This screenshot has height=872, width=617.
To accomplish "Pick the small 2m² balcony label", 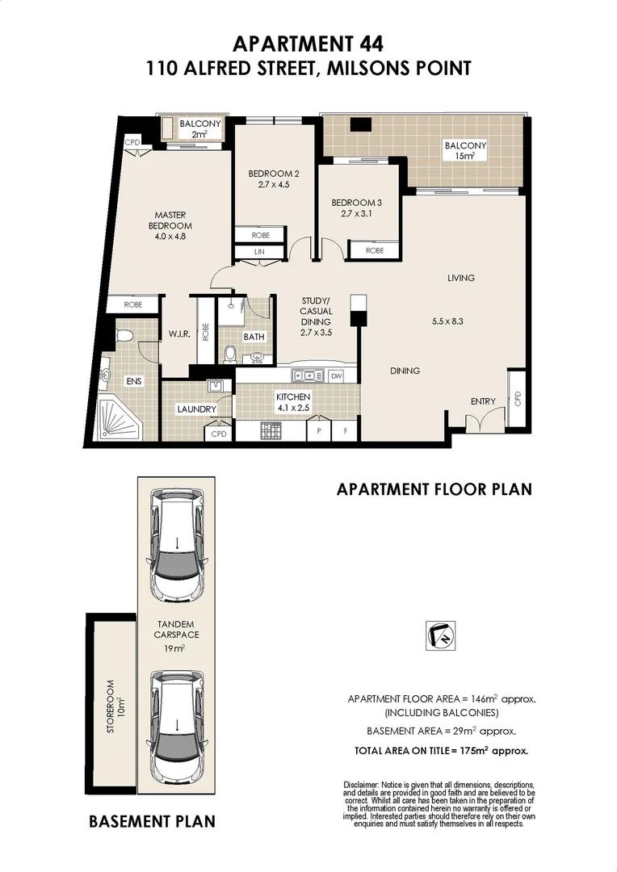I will point(195,129).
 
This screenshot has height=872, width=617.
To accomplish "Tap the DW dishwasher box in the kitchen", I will point(336,375).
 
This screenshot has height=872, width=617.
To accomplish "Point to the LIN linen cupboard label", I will point(258,252).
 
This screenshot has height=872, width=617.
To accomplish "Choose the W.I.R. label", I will point(178,333).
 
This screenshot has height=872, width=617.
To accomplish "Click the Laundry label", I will point(197,409).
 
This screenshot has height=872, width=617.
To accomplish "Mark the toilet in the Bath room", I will point(230,354).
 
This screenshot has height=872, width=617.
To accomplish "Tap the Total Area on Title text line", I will point(441,750).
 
